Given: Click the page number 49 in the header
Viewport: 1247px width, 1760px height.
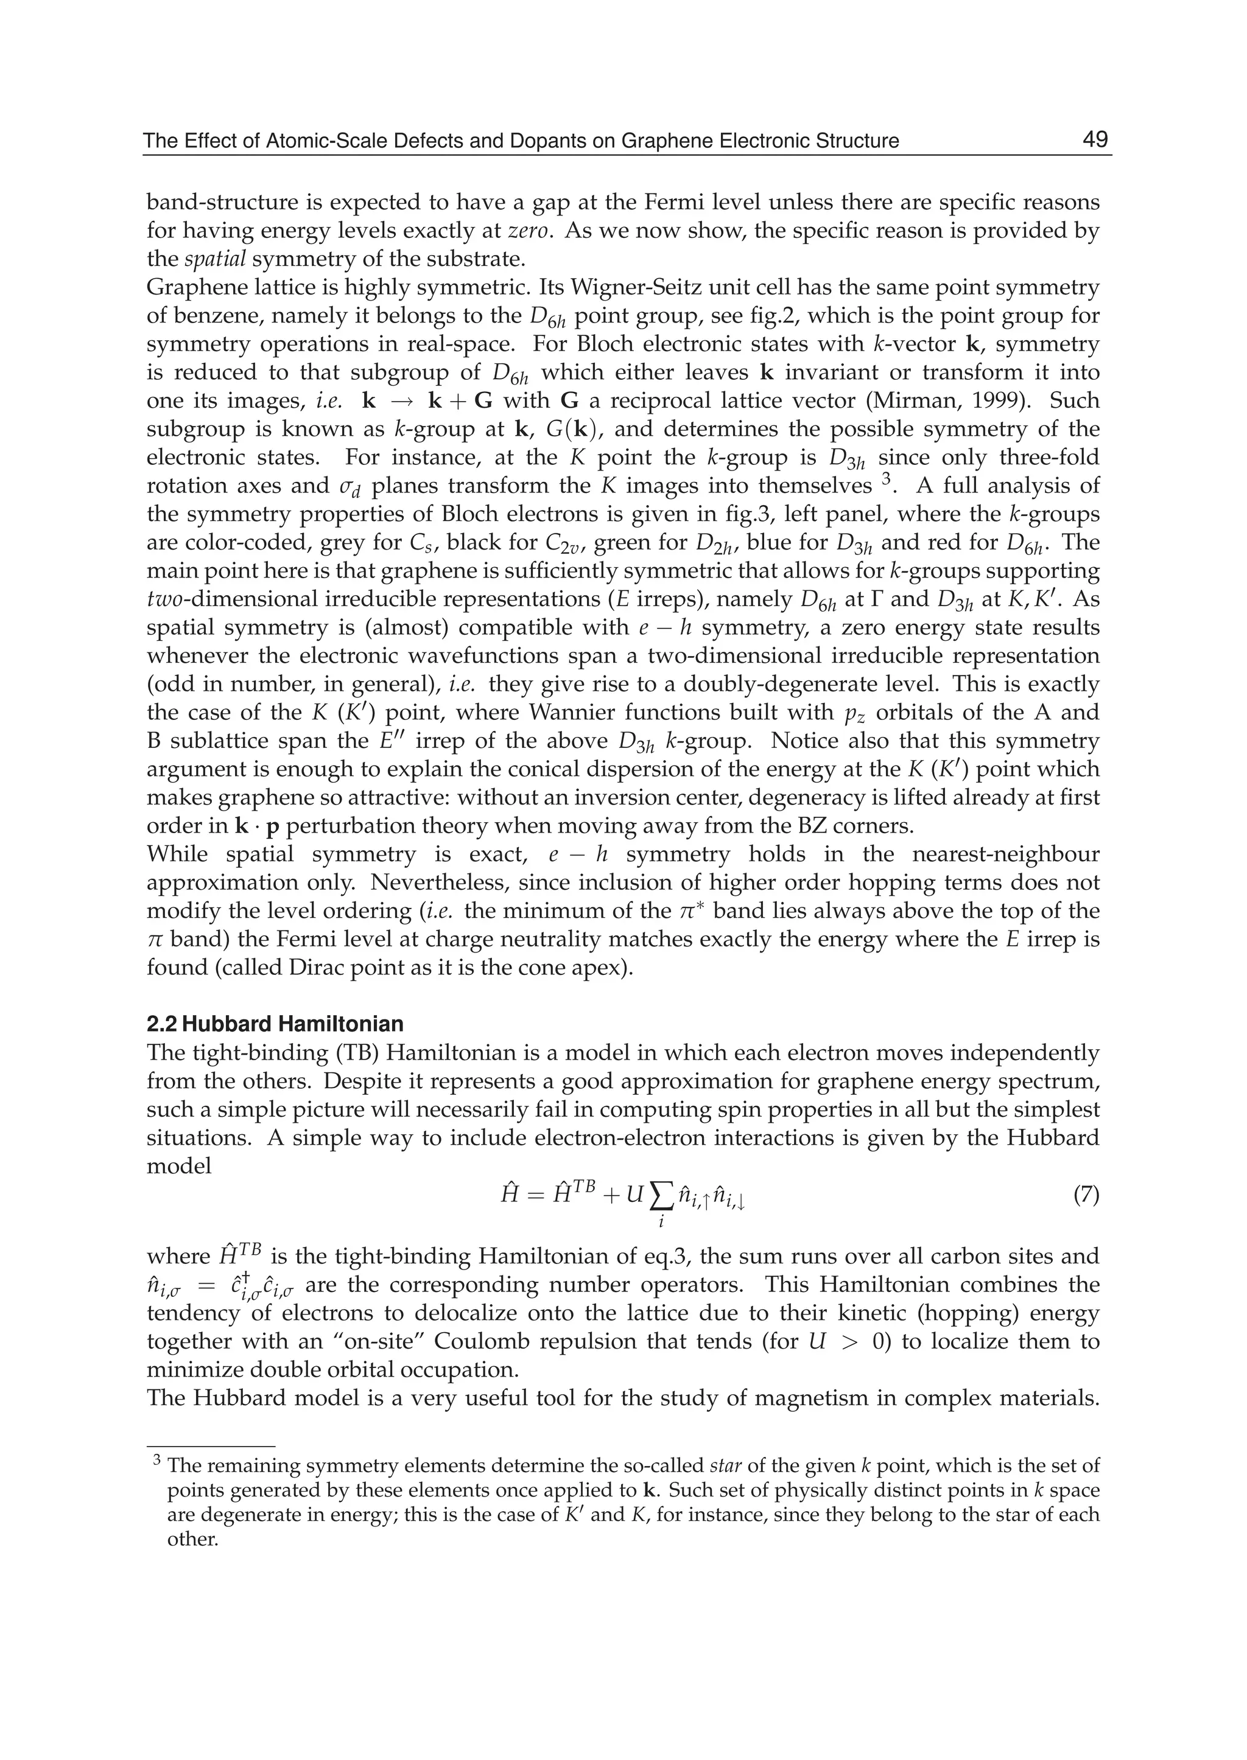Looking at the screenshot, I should [1094, 140].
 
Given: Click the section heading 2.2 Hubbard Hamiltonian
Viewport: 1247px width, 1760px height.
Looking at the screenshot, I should [275, 1024].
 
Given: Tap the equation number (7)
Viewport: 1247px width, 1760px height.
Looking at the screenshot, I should [1085, 1196].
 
